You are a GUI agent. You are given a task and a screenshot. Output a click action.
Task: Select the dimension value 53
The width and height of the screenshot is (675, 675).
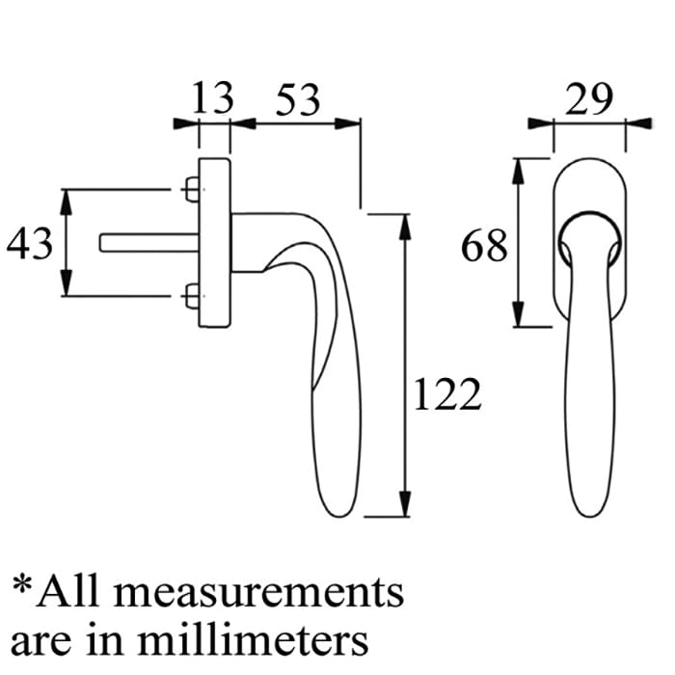(x=298, y=100)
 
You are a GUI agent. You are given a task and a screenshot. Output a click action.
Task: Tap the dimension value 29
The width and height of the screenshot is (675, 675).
(x=588, y=99)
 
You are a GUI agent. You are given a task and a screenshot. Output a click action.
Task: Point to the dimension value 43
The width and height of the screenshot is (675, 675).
(x=29, y=244)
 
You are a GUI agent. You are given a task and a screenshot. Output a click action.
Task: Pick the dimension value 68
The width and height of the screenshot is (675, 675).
(x=484, y=246)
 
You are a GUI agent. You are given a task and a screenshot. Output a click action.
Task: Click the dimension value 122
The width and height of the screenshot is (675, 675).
(x=446, y=393)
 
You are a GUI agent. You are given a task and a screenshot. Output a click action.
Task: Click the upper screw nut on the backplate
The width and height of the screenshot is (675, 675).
(x=192, y=189)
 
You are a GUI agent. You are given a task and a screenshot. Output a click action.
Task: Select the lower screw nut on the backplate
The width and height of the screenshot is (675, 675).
(x=192, y=296)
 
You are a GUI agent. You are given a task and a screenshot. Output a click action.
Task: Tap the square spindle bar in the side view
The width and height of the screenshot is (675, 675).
(x=149, y=243)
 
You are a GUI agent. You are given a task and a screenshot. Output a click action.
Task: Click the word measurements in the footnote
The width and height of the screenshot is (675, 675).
(x=258, y=592)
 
